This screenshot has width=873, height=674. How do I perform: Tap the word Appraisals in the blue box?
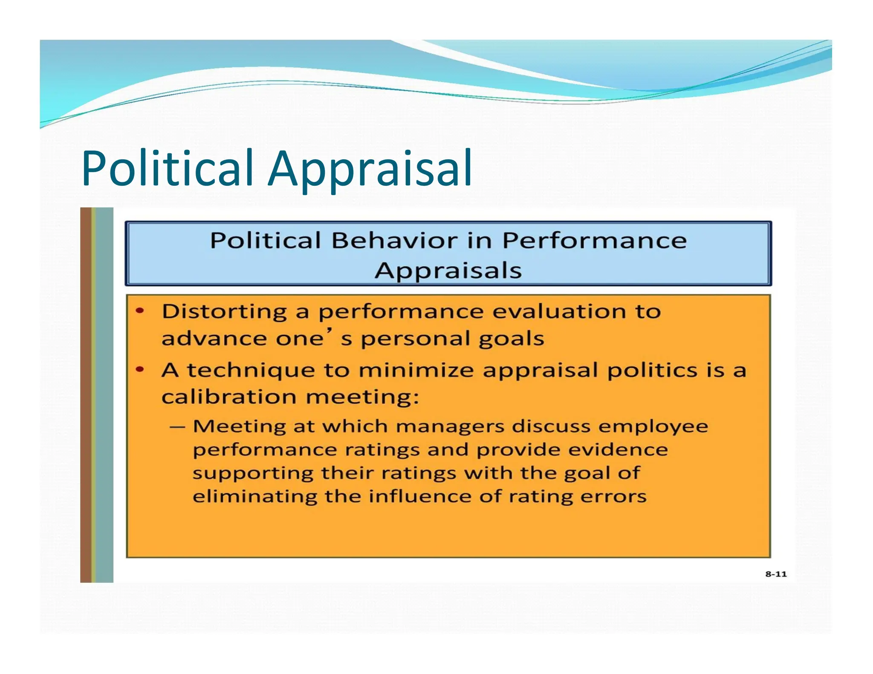448,271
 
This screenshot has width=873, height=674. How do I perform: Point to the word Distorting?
224,312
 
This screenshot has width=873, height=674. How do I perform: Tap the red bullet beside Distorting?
140,311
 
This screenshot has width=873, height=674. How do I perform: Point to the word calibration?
228,397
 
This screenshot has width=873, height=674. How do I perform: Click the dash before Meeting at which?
177,426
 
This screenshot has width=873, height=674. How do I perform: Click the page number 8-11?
775,574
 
